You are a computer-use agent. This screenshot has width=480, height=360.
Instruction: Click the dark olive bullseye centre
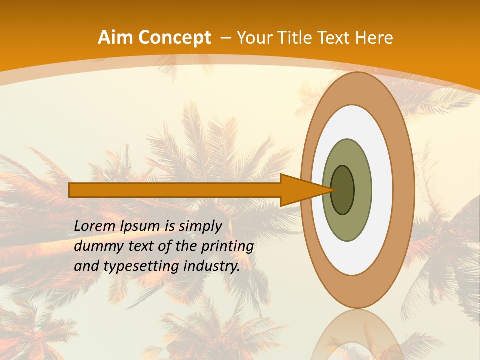[x=342, y=190]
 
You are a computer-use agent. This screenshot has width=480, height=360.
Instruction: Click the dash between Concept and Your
[x=225, y=38]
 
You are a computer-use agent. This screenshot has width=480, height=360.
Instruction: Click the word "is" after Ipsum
[x=169, y=226]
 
